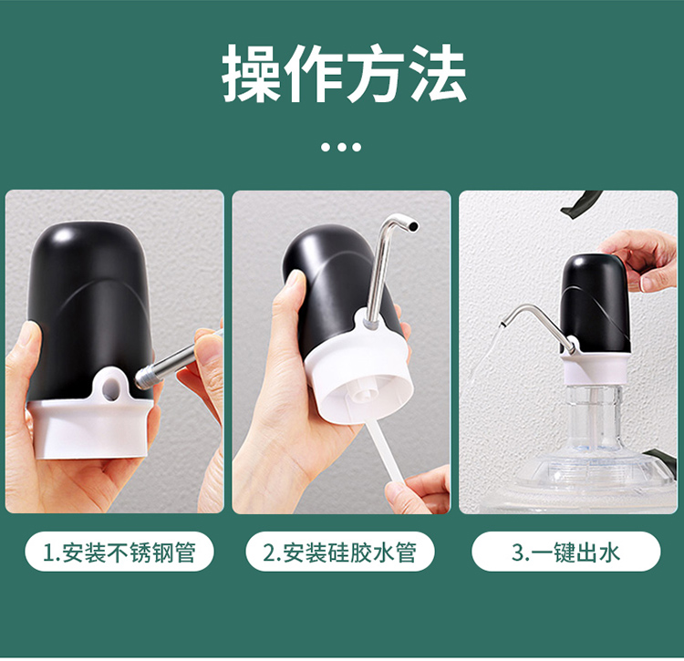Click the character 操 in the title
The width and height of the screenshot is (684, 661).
(252, 73)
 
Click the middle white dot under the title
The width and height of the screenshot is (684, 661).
(342, 147)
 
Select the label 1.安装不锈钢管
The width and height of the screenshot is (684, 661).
(119, 552)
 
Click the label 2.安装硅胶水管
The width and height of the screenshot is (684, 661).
(340, 552)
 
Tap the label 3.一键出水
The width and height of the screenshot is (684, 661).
(565, 552)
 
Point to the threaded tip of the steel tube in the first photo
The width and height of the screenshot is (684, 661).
(145, 377)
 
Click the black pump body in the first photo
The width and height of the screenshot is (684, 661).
(88, 305)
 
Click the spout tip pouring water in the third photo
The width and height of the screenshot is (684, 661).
(503, 325)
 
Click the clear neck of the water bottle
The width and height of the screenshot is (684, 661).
(594, 417)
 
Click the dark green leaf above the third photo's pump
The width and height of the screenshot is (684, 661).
(580, 202)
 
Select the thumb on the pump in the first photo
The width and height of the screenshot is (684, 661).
(27, 353)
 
